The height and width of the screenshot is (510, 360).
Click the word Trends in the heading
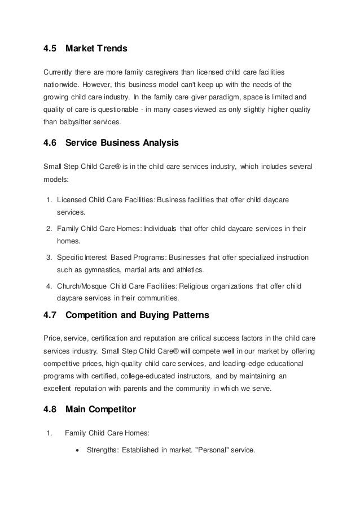click(112, 49)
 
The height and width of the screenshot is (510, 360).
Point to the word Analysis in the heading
click(159, 143)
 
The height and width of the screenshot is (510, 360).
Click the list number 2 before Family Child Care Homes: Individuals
click(49, 229)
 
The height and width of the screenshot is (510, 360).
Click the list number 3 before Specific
click(49, 257)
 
